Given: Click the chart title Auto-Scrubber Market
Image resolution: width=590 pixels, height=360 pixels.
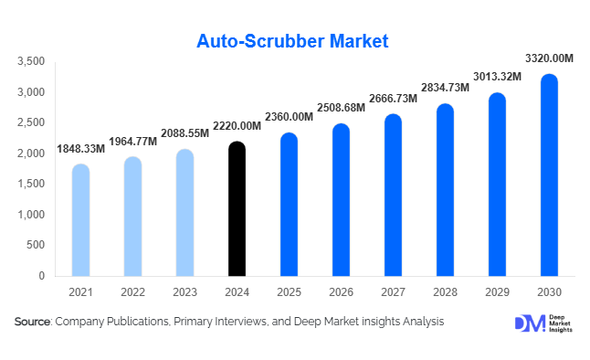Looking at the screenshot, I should tap(292, 41).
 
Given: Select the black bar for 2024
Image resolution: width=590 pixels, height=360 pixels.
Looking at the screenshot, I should tap(237, 209).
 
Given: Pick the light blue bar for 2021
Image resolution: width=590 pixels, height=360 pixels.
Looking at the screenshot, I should tap(80, 220).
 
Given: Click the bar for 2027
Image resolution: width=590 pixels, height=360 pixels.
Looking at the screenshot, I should tap(393, 196).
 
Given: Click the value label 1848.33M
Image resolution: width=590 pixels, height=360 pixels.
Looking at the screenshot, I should tap(80, 148).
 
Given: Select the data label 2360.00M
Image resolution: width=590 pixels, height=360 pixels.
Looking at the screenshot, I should tap(289, 116).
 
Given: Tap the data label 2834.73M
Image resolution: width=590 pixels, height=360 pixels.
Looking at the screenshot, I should tap(445, 87).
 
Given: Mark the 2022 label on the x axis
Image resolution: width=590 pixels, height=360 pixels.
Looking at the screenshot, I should tap(132, 293).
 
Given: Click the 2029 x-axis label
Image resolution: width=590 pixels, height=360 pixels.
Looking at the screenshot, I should tap(497, 293).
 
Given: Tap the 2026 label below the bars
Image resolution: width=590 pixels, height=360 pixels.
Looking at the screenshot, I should tap(341, 293).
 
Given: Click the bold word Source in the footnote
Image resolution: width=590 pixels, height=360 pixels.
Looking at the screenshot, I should tap(32, 322).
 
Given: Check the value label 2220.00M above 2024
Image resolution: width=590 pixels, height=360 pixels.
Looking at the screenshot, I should tap(237, 126).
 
